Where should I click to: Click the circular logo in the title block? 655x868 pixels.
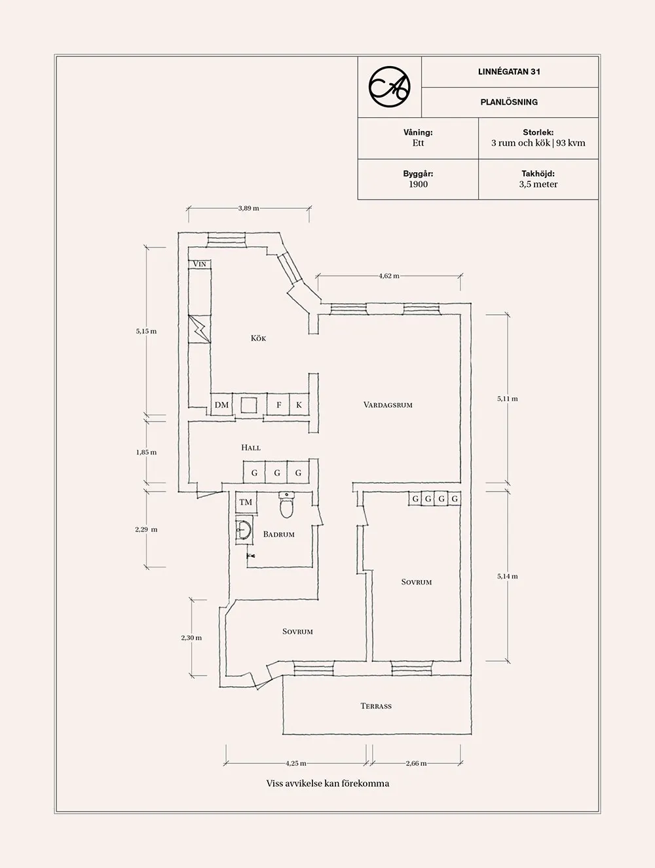389,86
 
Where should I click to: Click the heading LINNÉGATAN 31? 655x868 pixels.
509,72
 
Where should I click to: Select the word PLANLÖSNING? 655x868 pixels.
509,102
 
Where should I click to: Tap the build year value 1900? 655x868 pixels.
418,185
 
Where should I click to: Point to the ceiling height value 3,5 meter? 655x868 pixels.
538,185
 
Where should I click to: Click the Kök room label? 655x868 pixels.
258,338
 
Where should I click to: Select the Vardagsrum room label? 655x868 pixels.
388,405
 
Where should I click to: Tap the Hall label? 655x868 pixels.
251,448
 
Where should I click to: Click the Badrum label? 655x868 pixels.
278,534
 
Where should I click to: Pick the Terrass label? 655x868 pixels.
376,706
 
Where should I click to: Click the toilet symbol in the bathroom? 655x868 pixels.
287,505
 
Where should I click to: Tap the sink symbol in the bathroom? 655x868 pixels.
244,529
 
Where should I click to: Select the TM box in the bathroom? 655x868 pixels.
246,503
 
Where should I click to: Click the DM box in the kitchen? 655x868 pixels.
221,405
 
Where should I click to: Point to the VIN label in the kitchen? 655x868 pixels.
200,264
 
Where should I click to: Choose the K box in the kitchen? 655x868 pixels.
299,405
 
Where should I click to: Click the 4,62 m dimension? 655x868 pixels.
388,276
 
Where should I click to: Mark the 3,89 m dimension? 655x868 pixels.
248,208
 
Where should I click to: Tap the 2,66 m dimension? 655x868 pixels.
416,763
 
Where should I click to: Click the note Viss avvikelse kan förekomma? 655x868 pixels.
327,784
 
